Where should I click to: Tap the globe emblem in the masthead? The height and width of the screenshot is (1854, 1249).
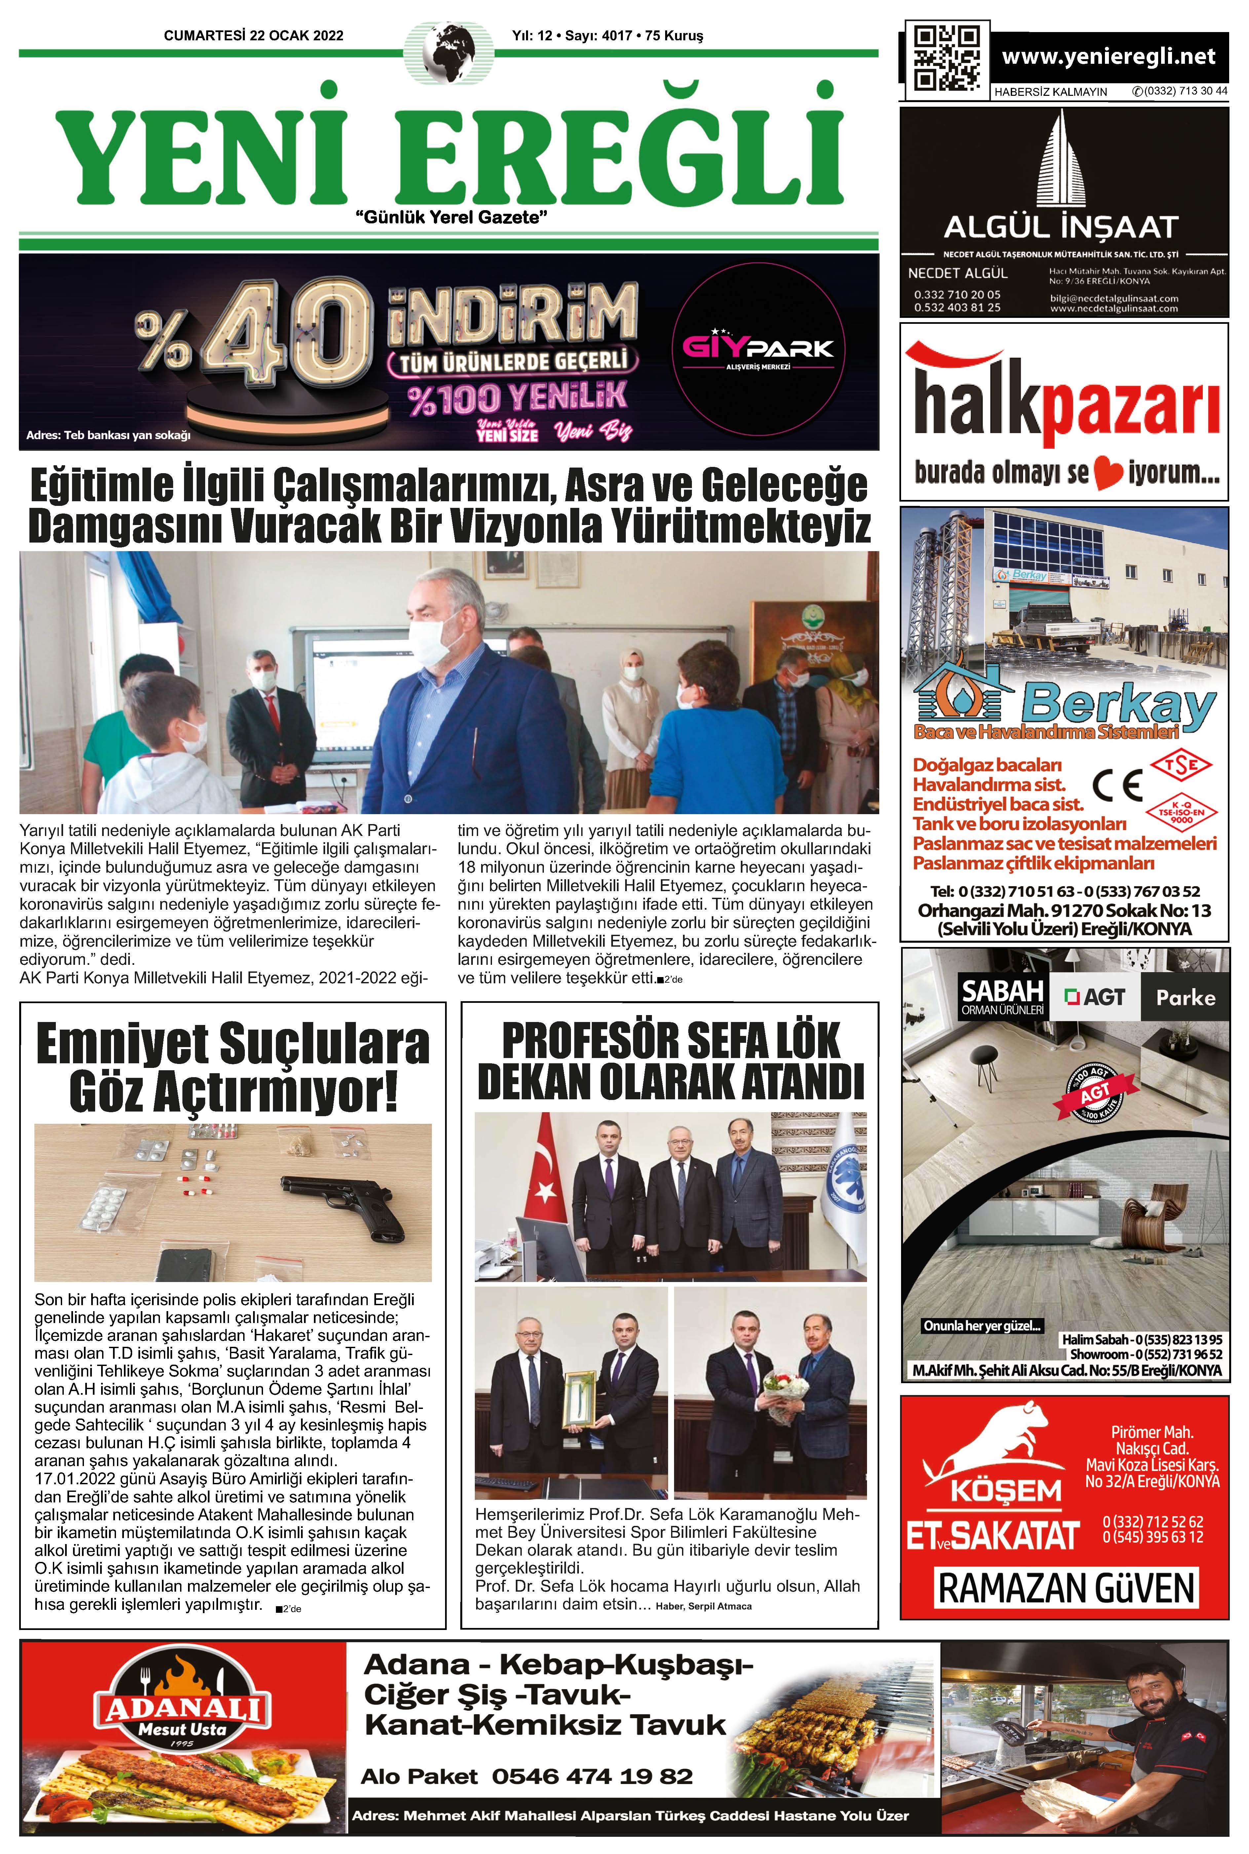[448, 53]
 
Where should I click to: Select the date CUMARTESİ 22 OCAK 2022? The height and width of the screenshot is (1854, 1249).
[253, 36]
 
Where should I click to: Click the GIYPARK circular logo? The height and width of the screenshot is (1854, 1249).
[758, 349]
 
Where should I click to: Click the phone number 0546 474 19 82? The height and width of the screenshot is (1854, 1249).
[592, 1776]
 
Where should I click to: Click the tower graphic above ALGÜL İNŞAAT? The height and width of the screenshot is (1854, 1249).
[1061, 159]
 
